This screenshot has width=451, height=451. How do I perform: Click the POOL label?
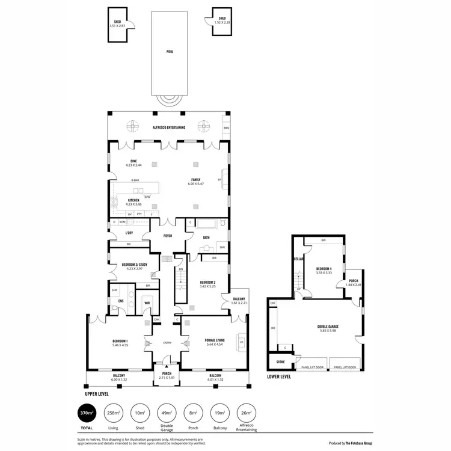(x=169, y=52)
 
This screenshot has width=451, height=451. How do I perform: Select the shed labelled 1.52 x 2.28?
(x=222, y=22)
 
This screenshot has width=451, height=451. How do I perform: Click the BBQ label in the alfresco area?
(x=226, y=128)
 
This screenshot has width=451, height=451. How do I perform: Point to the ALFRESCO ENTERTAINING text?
(x=169, y=127)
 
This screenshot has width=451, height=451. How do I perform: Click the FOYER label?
(x=168, y=235)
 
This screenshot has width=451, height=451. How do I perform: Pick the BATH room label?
(x=206, y=237)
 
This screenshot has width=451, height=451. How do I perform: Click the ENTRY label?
(x=168, y=343)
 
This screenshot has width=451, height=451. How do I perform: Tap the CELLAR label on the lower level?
(x=297, y=259)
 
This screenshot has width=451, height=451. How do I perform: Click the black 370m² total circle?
(x=87, y=414)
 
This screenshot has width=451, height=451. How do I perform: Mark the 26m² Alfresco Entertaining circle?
(x=246, y=414)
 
